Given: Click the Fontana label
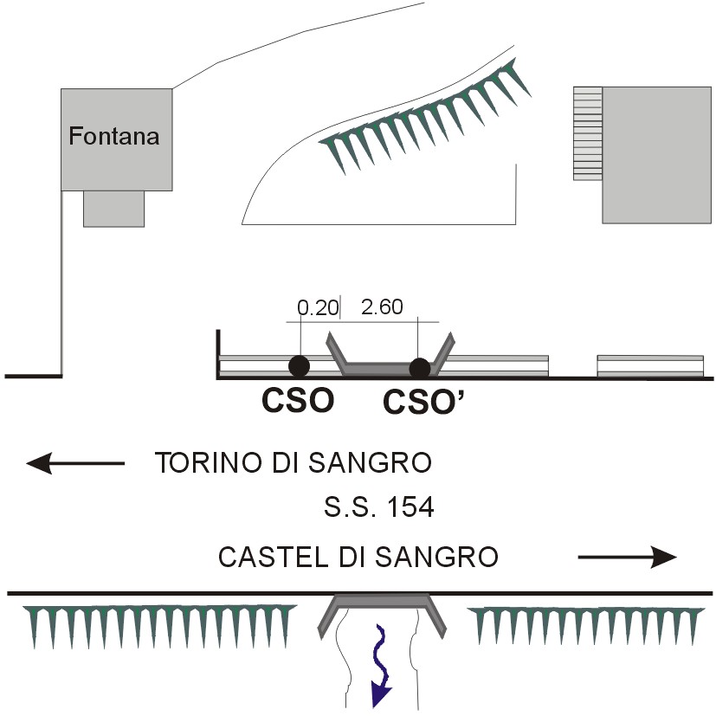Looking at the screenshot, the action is click(114, 136).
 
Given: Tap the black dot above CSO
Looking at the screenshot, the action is click(299, 365).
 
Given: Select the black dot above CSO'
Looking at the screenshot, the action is click(420, 368).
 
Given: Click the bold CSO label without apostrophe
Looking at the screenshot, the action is click(298, 400).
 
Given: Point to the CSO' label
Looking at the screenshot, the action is click(423, 403).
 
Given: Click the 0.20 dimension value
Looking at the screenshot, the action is click(318, 307).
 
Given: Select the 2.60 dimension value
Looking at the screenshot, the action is click(382, 306).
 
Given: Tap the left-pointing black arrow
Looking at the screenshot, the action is click(75, 463).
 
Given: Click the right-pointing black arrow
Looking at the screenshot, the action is click(628, 557).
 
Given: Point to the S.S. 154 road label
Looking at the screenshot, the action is click(379, 506).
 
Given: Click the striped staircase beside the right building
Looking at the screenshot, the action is click(588, 133).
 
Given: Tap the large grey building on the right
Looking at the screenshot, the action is click(656, 155).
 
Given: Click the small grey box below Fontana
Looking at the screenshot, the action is click(113, 209).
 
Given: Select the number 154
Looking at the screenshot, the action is click(410, 506).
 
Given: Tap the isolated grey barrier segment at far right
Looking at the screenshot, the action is click(650, 366).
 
